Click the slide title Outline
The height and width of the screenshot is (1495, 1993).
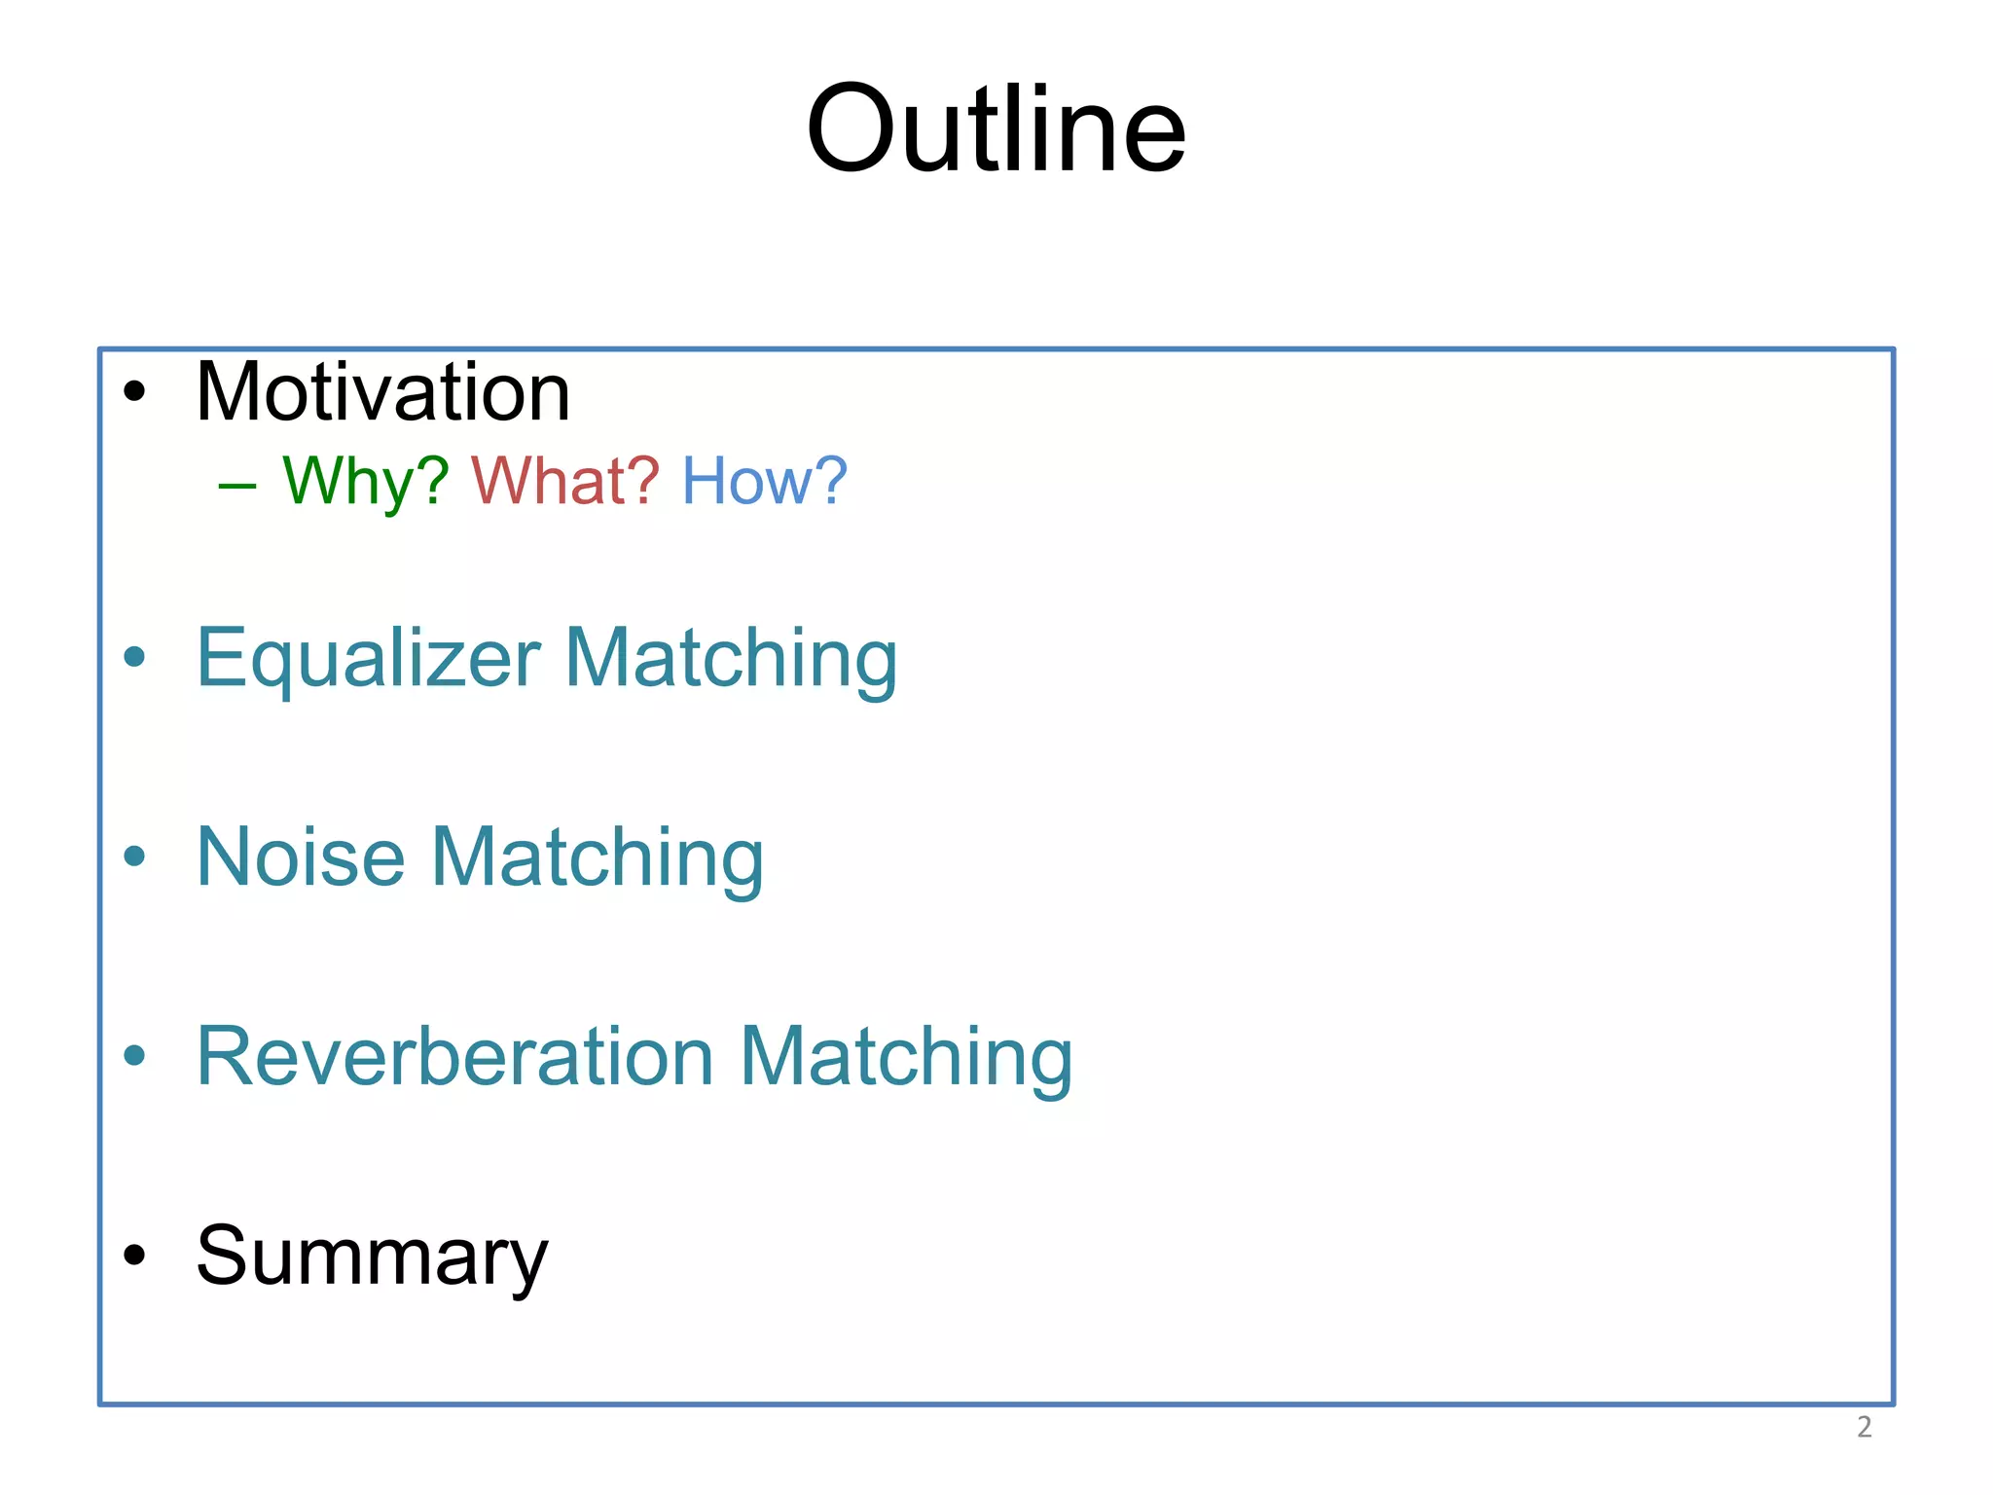click(996, 129)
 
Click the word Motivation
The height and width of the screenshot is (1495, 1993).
click(382, 392)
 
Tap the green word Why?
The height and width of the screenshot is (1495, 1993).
click(365, 482)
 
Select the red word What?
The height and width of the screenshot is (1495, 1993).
click(564, 481)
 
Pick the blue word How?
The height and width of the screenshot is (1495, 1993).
click(764, 481)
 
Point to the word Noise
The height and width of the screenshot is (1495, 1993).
click(300, 857)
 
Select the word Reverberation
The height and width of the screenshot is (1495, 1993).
click(454, 1057)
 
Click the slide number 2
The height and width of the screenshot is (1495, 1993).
click(1864, 1427)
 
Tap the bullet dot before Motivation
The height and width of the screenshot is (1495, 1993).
click(134, 392)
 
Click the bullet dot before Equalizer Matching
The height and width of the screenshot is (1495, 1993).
click(134, 657)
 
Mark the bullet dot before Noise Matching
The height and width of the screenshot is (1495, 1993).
click(134, 857)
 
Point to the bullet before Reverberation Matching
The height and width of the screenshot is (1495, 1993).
click(134, 1055)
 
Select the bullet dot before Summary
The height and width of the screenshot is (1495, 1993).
click(134, 1255)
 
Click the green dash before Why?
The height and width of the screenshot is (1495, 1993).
click(237, 485)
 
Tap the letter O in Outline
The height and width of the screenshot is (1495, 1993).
click(852, 129)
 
